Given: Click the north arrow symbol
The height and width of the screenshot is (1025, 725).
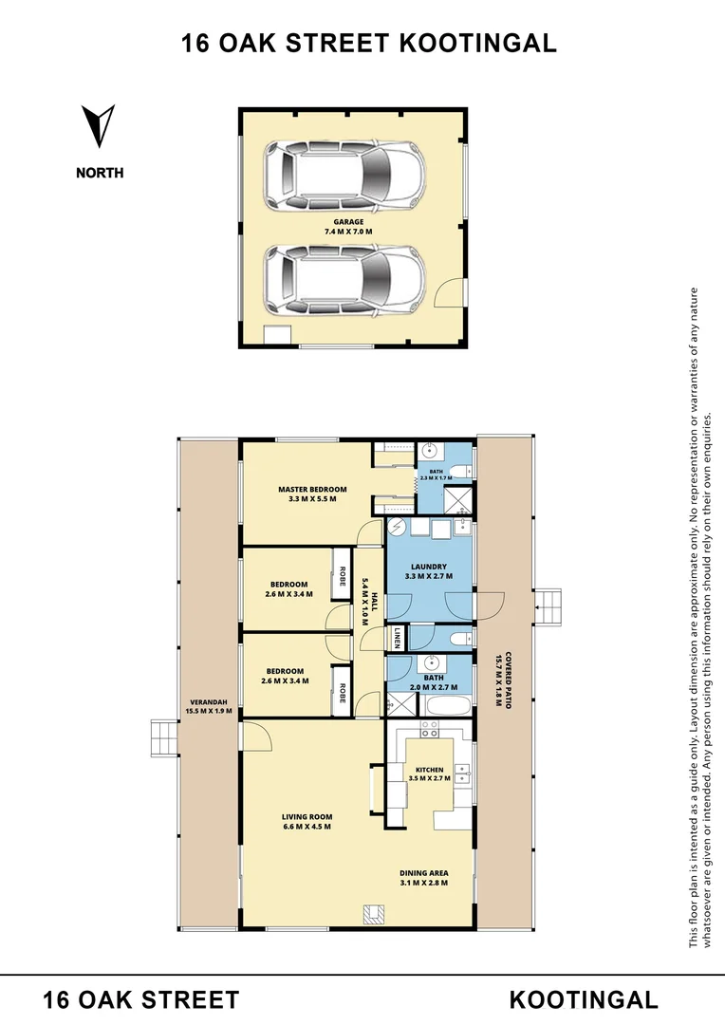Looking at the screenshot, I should [99, 127].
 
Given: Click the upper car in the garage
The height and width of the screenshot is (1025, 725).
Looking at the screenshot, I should [343, 176].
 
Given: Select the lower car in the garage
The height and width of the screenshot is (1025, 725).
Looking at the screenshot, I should [343, 281].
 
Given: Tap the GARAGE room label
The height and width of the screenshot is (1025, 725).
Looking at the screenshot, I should [348, 227].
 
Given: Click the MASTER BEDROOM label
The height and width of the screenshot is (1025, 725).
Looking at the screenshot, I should [312, 494].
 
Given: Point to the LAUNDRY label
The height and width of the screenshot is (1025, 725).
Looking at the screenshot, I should [431, 571].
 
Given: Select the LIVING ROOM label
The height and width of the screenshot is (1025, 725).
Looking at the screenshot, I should [307, 821].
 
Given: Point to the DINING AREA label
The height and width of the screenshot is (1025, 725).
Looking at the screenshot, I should [424, 878].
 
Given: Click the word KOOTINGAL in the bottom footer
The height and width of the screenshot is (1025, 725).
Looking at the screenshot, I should [583, 999].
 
